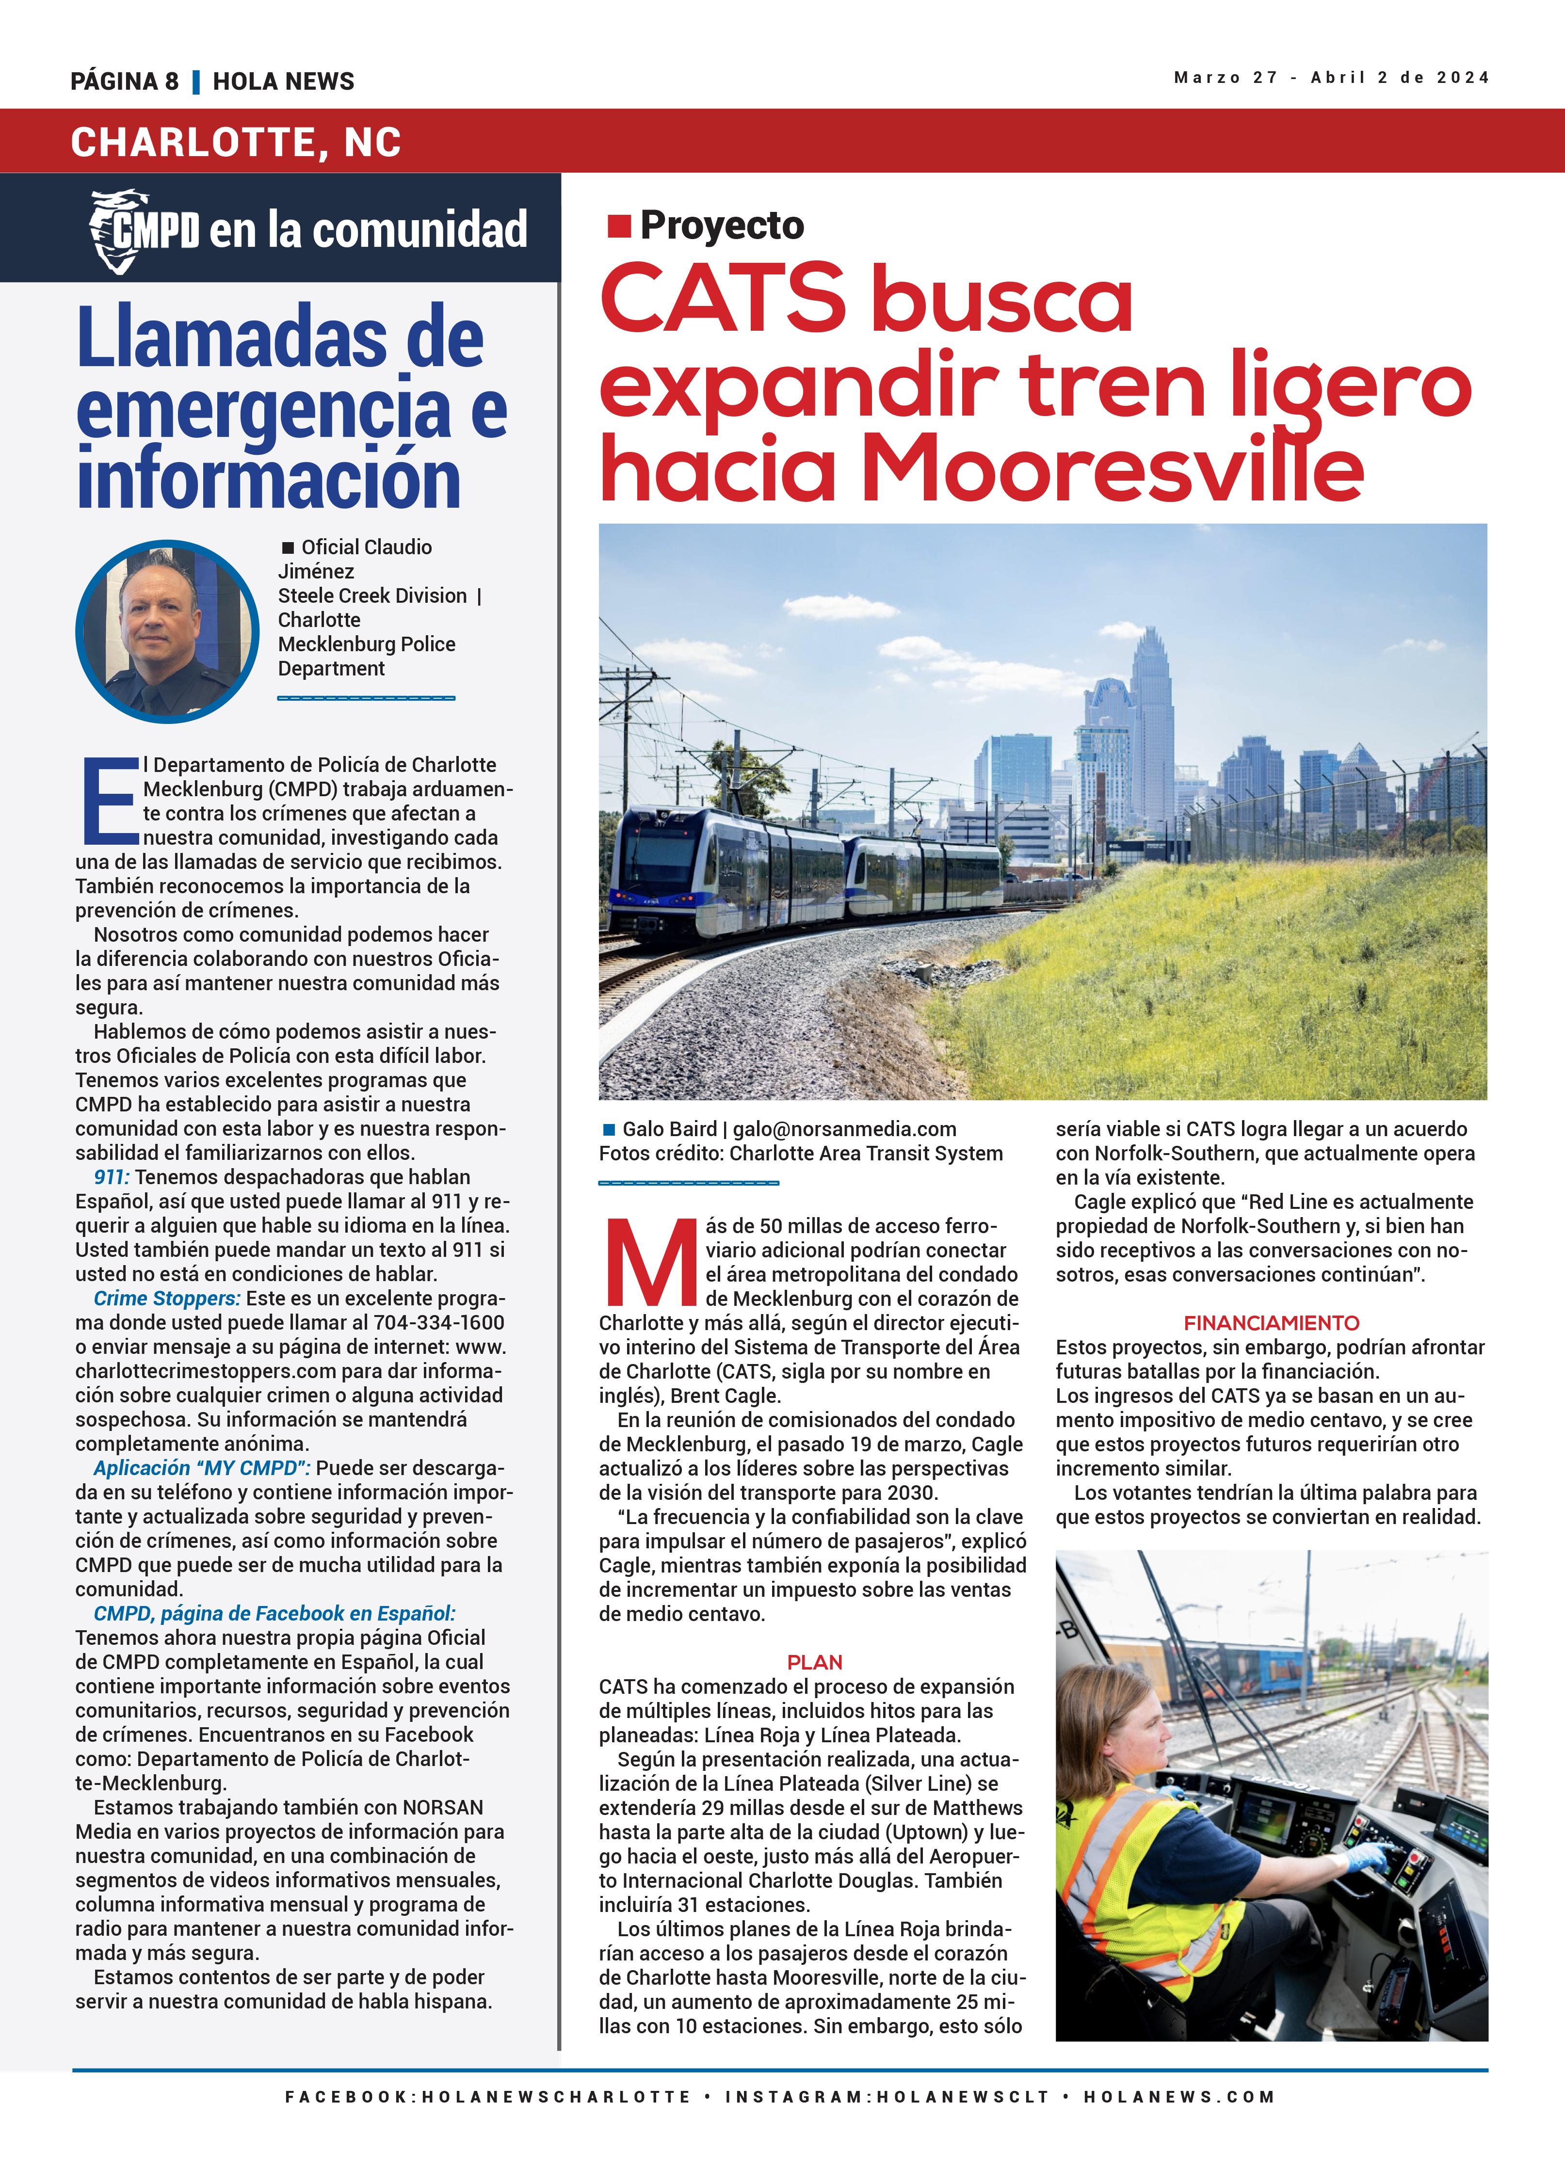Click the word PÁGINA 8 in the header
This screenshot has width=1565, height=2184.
[x=124, y=81]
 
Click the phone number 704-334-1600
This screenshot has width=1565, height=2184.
[x=439, y=1322]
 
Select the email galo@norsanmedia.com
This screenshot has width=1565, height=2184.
[x=845, y=1128]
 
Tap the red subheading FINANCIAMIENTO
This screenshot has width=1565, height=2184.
[x=1271, y=1323]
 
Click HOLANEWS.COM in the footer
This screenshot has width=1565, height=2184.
[x=1179, y=2096]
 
